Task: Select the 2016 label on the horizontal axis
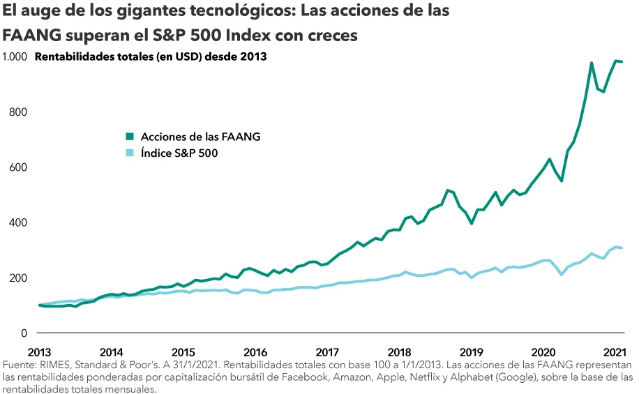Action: pos(255,351)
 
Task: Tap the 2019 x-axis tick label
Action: pos(471,351)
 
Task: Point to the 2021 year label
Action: pos(613,351)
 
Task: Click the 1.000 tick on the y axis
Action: pos(14,56)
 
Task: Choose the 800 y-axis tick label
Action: pos(18,112)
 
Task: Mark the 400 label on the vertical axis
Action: pos(18,222)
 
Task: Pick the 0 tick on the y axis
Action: pos(24,333)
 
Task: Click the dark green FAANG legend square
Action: pos(130,137)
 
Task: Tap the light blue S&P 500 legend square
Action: pos(130,153)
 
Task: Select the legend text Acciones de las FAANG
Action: pos(200,137)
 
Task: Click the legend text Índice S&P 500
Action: pos(179,153)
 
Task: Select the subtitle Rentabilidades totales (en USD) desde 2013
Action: pos(151,56)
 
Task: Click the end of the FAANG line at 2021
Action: pos(621,62)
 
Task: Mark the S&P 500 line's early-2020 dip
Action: pos(562,274)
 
